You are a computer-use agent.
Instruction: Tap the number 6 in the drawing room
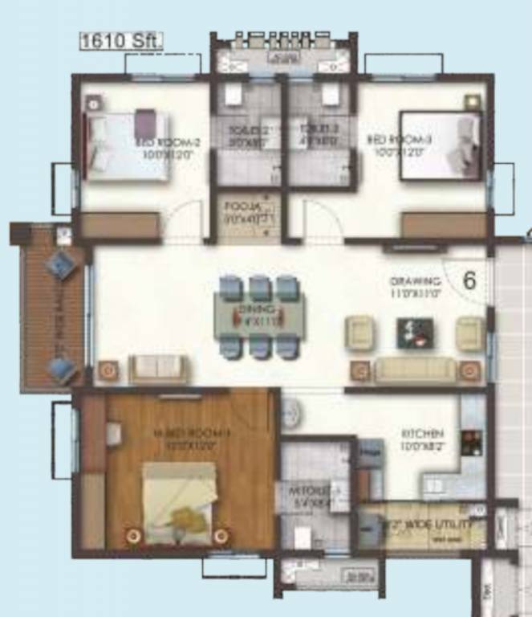(469, 281)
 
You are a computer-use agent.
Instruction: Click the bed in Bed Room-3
(441, 145)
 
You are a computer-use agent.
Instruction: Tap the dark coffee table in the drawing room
(415, 331)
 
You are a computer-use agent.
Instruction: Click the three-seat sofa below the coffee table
(415, 370)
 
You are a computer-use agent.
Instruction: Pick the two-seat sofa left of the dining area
(158, 369)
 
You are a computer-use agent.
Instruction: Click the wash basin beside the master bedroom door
(292, 411)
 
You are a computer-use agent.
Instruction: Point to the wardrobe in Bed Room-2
(120, 225)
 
